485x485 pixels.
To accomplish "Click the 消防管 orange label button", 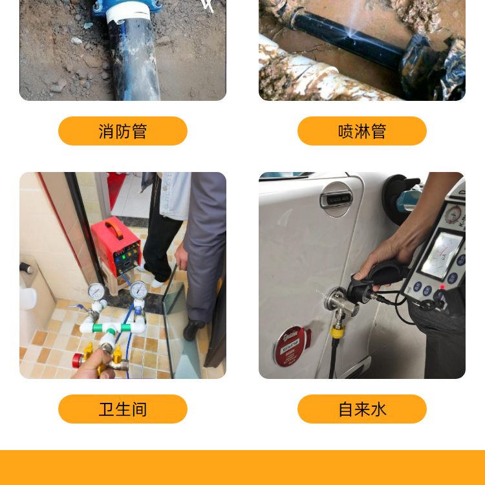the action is click(x=123, y=131).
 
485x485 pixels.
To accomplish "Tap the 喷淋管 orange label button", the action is click(x=362, y=131).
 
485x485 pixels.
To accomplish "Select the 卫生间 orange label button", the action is click(x=123, y=409).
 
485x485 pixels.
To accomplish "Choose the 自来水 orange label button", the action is click(x=362, y=409).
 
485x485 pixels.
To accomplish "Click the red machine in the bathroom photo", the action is click(x=116, y=246).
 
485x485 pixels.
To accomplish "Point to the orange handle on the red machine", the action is click(x=114, y=228).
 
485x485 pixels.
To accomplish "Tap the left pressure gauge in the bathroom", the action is click(x=96, y=292).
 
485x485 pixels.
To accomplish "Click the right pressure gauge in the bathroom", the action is click(x=138, y=290).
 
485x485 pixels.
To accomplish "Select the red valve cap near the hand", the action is click(x=76, y=361).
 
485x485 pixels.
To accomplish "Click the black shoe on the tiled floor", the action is click(x=193, y=329).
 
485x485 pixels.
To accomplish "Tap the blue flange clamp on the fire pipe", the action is click(x=127, y=8).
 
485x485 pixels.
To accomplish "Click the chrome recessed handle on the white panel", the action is click(x=336, y=199).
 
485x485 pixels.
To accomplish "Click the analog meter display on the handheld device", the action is click(x=442, y=256).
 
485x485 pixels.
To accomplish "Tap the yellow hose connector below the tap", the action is click(x=337, y=331).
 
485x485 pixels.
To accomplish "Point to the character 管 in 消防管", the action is click(x=139, y=131).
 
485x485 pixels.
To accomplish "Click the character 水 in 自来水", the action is click(x=378, y=409).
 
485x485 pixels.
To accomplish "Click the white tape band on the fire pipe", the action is click(x=128, y=15).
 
